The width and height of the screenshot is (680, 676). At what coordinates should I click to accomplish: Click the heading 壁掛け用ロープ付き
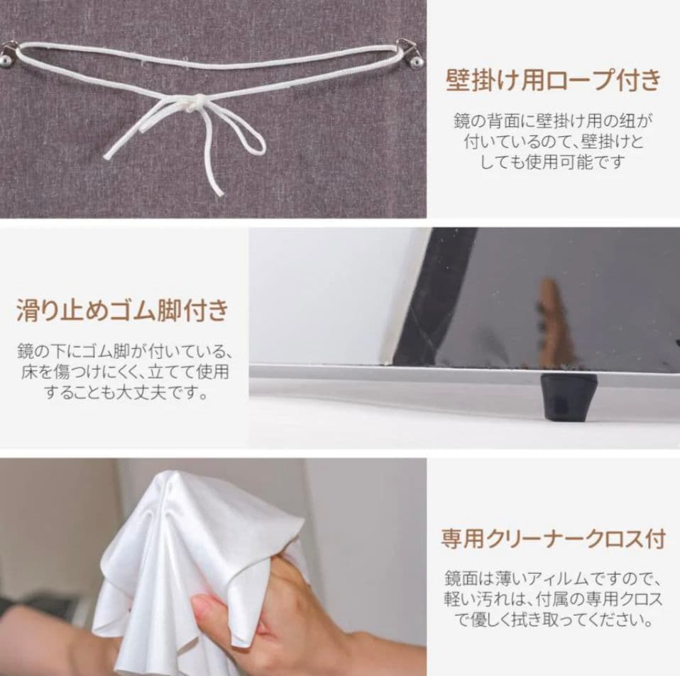pos(553,81)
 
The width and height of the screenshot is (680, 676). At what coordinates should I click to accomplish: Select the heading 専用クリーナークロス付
pos(553,539)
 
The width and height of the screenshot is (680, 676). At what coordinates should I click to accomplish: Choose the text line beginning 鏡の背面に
pos(553,121)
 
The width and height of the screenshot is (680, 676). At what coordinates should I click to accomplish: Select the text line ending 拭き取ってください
pos(553,621)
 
